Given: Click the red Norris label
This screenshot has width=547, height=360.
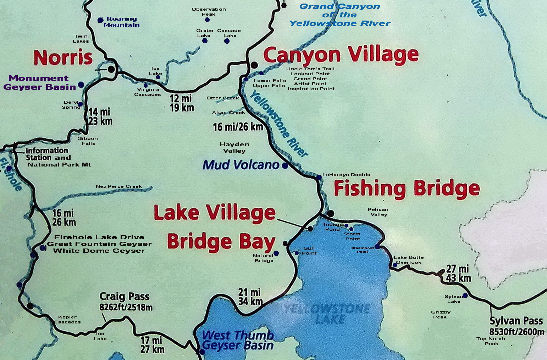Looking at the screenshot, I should [63, 58].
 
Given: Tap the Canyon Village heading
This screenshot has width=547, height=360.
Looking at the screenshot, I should [341, 55].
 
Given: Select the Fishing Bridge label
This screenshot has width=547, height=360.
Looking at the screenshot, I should [407, 189].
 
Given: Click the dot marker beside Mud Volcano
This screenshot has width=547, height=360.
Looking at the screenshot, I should [285, 165].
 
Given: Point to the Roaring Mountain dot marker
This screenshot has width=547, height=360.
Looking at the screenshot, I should [100, 20].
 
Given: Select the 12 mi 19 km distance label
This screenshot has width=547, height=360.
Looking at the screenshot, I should [182, 103].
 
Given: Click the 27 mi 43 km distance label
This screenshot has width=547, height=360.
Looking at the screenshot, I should [458, 273].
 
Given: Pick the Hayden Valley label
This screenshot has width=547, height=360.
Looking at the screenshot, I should [234, 147].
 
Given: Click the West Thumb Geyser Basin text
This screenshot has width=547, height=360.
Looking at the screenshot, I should [238, 340].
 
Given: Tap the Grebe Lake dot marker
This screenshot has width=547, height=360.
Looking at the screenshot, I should [205, 41].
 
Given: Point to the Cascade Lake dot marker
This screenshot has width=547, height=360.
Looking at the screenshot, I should [227, 41].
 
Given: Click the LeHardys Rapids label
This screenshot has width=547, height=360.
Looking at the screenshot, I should [346, 175].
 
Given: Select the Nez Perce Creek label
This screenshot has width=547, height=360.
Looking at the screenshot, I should [118, 186].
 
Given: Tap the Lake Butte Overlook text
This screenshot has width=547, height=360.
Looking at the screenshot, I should [409, 260].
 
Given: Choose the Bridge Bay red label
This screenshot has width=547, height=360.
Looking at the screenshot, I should [221, 242].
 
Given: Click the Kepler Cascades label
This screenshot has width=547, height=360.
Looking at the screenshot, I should [67, 320].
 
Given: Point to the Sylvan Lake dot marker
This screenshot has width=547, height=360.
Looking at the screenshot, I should [465, 295].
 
